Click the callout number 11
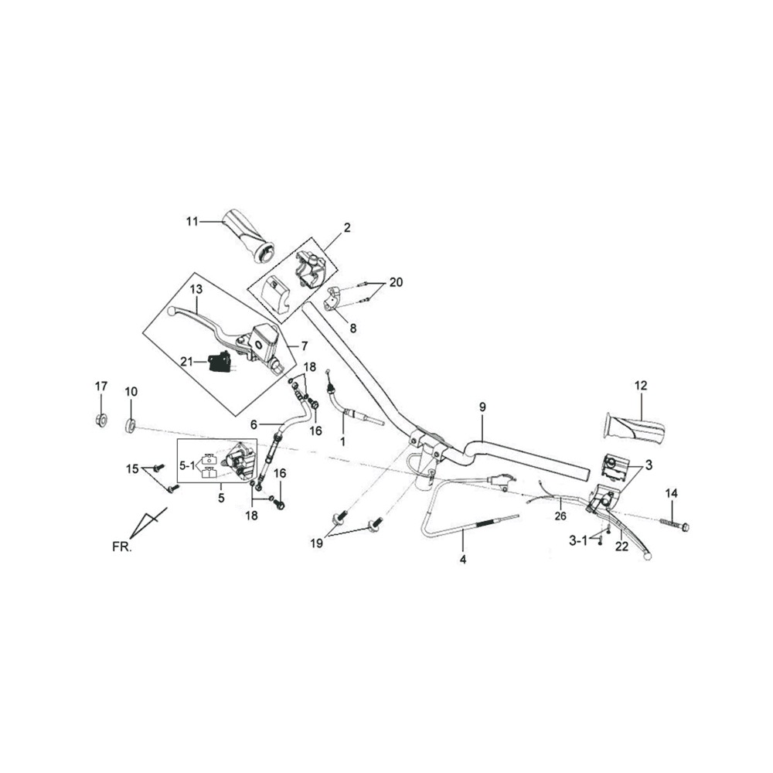point(192,221)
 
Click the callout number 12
point(640,386)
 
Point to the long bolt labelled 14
point(674,524)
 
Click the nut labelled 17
point(101,421)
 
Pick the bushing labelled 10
point(130,426)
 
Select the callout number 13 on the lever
point(196,289)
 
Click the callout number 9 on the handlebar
point(482,407)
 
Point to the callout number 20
point(396,282)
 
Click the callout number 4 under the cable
point(463,559)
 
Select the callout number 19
point(316,543)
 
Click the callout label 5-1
point(187,464)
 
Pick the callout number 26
point(560,516)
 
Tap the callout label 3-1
point(578,541)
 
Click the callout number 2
point(347,227)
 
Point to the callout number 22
point(621,547)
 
